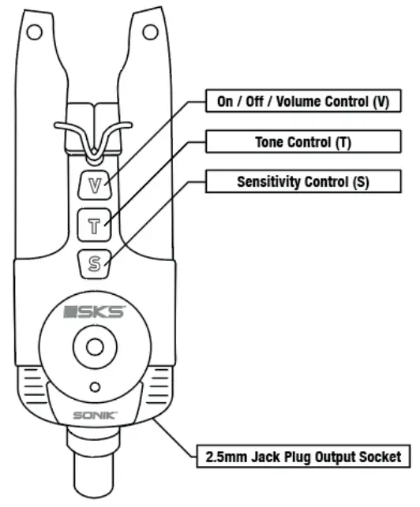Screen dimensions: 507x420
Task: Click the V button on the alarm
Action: [x=95, y=187]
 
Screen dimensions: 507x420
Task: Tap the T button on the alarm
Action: [x=95, y=226]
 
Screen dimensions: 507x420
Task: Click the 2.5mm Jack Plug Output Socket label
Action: [x=303, y=456]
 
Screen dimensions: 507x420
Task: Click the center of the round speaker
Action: [x=94, y=347]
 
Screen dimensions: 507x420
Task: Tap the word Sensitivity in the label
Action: [x=269, y=182]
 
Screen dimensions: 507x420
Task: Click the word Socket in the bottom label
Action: [x=373, y=456]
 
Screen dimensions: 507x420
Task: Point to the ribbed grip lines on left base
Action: [x=33, y=386]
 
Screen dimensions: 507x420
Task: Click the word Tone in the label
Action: [x=271, y=143]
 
